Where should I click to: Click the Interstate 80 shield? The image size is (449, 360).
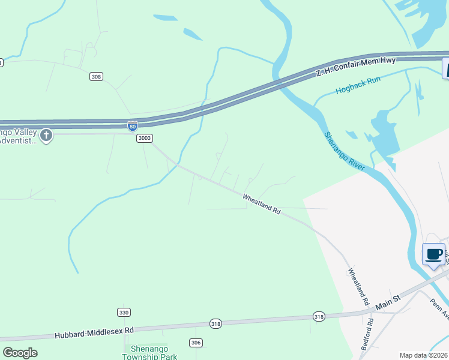(133, 126)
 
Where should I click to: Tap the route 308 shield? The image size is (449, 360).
(96, 76)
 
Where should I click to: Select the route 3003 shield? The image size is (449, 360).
(144, 138)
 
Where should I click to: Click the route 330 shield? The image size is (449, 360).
(124, 313)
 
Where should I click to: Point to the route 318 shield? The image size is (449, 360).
(319, 316)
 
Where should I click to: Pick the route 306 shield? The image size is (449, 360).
(196, 343)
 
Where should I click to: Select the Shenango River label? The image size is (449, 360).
(345, 151)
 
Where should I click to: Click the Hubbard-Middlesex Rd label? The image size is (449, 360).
(94, 332)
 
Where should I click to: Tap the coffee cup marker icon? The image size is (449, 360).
(434, 254)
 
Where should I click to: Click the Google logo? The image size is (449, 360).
(20, 353)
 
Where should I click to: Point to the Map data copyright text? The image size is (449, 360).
(423, 355)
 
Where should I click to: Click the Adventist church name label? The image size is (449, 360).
(18, 136)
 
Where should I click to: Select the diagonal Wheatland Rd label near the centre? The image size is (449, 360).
(262, 204)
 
